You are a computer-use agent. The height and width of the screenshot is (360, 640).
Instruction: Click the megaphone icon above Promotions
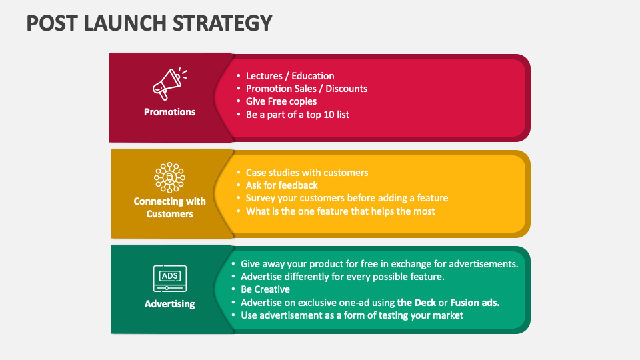(170, 83)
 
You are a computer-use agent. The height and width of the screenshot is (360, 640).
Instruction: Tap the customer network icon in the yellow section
(170, 177)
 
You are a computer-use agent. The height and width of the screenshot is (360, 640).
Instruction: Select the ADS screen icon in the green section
(170, 278)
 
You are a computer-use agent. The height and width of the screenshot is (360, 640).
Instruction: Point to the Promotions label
(170, 112)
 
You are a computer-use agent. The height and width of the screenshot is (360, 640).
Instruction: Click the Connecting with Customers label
(170, 207)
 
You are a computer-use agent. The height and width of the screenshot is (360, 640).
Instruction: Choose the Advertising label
(170, 304)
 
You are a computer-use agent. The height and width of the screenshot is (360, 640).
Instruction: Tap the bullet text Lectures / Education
(290, 76)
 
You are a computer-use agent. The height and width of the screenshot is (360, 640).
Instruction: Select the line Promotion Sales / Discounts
(306, 89)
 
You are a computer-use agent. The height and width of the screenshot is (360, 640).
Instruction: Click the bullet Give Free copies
(281, 101)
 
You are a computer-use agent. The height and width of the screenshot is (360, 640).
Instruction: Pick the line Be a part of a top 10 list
(297, 114)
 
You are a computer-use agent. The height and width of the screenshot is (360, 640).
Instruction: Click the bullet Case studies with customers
(307, 173)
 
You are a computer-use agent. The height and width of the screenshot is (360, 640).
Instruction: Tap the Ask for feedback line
(281, 185)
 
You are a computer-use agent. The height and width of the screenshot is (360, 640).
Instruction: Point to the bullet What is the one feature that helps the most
(340, 211)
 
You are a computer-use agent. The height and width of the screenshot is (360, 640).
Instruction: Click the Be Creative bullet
(265, 289)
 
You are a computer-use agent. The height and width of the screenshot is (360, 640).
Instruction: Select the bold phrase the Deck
(417, 302)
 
